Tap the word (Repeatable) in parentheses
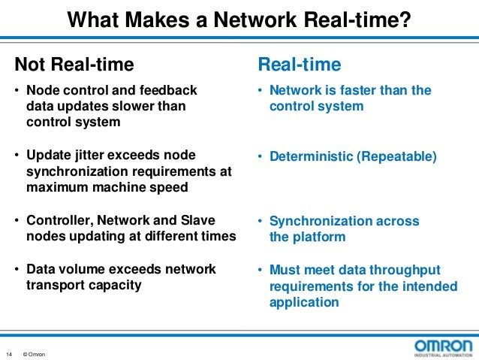[396, 156]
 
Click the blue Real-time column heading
[300, 65]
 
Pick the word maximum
[59, 187]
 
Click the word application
[304, 302]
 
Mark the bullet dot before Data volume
[17, 270]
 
